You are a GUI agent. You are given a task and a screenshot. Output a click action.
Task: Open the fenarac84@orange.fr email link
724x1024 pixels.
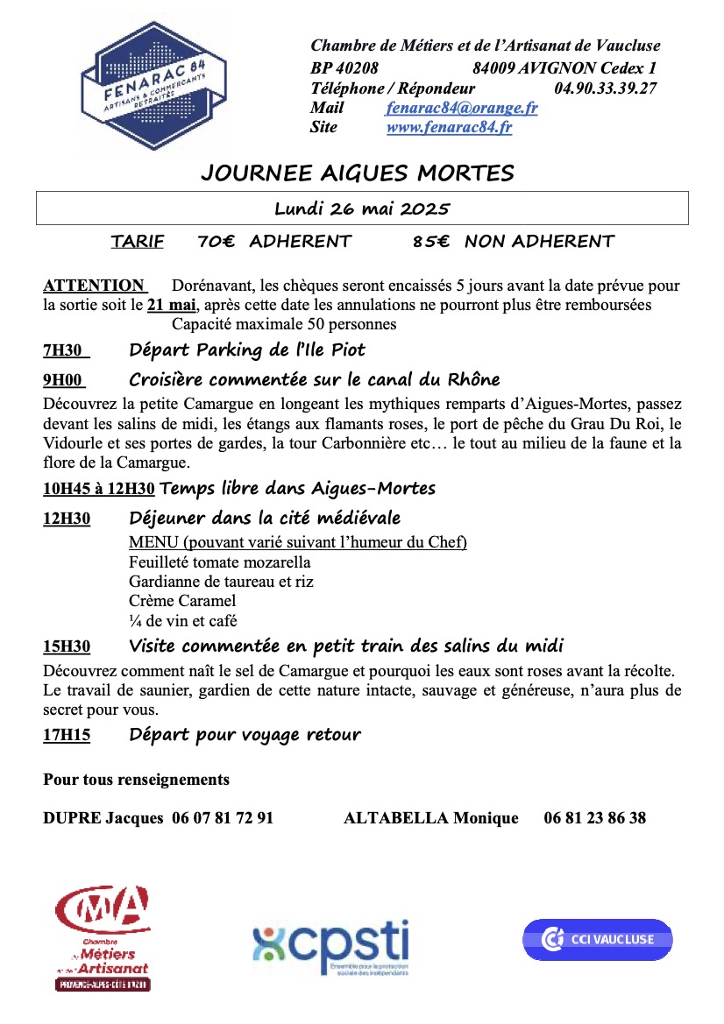[x=461, y=108]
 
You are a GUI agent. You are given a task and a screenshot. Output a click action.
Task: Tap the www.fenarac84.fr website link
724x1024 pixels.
[x=449, y=127]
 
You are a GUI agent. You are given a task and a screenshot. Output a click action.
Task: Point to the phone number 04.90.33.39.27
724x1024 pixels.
[x=605, y=88]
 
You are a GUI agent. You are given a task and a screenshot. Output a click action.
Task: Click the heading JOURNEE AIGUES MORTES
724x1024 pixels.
[x=358, y=173]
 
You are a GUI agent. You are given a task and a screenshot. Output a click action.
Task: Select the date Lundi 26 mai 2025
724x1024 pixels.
[x=361, y=208]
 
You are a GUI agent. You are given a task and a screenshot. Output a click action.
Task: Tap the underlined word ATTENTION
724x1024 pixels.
[x=94, y=286]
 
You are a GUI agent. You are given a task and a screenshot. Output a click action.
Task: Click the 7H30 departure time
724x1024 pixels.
[x=62, y=350]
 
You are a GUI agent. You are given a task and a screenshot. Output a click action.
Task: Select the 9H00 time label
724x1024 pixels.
[x=62, y=380]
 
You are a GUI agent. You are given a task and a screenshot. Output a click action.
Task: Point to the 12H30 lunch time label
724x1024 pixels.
[x=67, y=519]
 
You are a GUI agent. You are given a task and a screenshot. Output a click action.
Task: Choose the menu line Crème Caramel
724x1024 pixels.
[x=182, y=601]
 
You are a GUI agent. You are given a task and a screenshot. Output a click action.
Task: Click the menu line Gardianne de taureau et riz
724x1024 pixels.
[x=221, y=581]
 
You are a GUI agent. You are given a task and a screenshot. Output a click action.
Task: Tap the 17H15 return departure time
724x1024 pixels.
[x=67, y=735]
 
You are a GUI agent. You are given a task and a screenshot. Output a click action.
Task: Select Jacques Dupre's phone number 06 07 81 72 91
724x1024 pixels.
[x=223, y=818]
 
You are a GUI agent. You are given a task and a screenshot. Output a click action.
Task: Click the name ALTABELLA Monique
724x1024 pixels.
[x=431, y=818]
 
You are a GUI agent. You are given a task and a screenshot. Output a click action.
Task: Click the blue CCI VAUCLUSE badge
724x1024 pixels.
[x=597, y=939]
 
